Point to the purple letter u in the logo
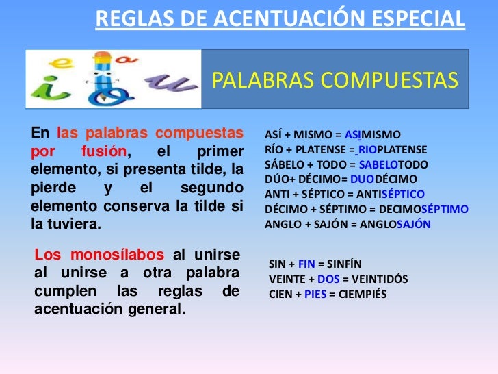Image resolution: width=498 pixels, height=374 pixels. (x=168, y=84)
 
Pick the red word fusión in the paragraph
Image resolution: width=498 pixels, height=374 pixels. (x=105, y=151)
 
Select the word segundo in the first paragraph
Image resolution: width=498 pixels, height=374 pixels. (x=213, y=187)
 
